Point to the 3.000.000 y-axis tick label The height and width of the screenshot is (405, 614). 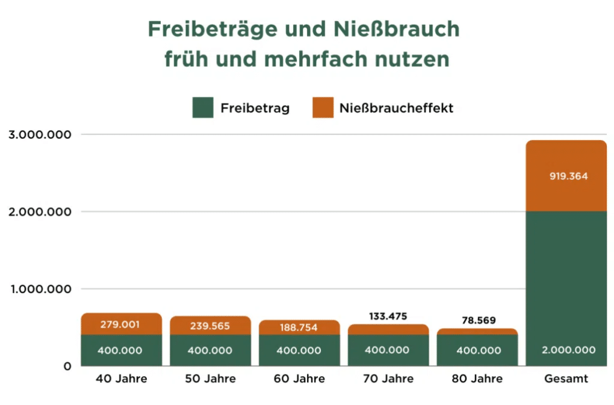click(40, 134)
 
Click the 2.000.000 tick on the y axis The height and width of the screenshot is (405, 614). click(40, 212)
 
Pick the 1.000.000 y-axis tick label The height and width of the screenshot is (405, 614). click(40, 289)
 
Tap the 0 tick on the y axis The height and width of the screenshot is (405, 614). click(67, 366)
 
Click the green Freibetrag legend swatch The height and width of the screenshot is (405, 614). click(203, 108)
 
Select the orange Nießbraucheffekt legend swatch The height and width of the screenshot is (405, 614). click(323, 108)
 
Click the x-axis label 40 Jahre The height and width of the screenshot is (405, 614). click(121, 379)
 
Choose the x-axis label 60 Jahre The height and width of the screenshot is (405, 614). click(299, 379)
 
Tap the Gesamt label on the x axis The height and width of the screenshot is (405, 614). click(565, 379)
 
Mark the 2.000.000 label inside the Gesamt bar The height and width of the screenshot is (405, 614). click(566, 350)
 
